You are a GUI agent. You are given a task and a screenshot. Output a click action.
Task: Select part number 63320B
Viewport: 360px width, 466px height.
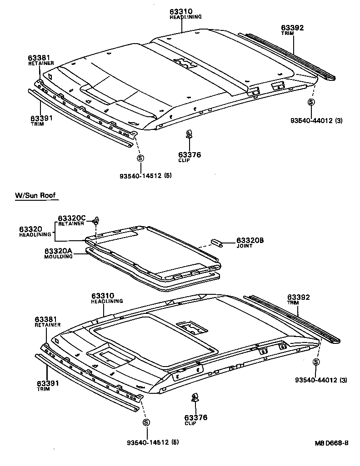(250, 240)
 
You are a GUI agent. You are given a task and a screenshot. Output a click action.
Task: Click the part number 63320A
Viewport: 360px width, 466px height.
(58, 251)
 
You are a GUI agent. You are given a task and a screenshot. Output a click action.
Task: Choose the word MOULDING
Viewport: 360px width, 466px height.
(58, 257)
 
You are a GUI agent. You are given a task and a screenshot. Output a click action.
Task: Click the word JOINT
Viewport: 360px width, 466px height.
(244, 246)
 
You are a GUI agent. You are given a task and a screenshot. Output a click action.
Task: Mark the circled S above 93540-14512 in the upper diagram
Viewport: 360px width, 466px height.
(140, 158)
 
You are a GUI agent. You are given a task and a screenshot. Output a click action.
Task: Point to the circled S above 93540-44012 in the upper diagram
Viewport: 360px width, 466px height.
(311, 102)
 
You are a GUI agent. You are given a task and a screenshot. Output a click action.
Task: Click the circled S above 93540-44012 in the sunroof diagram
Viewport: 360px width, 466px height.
(316, 362)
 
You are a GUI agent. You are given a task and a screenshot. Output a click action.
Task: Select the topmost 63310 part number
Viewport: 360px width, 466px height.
(181, 11)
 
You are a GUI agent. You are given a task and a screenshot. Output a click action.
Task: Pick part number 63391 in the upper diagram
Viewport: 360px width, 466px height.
(41, 118)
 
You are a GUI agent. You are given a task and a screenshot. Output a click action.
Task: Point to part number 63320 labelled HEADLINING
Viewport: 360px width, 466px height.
(30, 229)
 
